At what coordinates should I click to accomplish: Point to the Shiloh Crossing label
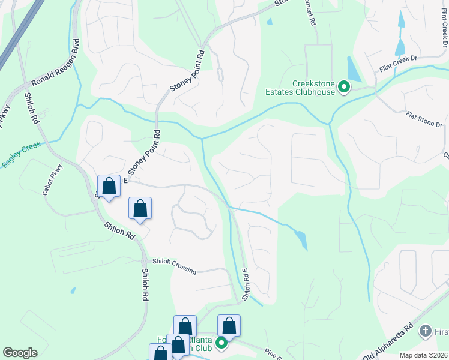coord(174,266)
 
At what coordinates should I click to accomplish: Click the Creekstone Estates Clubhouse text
coord(300,88)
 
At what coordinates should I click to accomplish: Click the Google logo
coord(20,353)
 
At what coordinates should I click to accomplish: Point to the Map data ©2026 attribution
coord(423,355)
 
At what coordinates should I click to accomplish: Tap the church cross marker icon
coord(425,331)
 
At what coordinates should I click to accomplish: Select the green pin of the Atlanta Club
coord(221,343)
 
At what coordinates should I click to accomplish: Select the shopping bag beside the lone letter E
coord(109,186)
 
